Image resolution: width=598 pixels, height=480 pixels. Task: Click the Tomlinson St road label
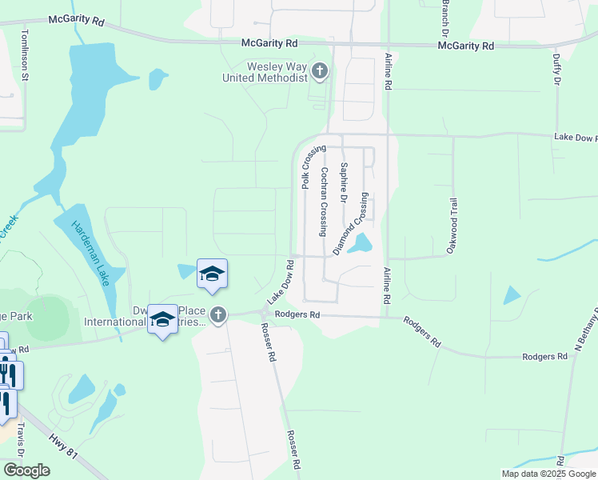click(25, 56)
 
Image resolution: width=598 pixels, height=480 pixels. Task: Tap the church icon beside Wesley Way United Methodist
click(320, 72)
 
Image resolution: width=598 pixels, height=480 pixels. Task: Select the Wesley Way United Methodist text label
click(267, 72)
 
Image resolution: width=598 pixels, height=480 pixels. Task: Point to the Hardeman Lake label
click(90, 254)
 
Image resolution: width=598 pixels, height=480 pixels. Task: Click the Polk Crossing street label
click(314, 167)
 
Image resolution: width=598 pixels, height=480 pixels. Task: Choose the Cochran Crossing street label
click(324, 202)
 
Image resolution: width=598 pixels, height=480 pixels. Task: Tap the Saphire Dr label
click(344, 182)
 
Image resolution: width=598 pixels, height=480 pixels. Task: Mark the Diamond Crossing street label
click(351, 224)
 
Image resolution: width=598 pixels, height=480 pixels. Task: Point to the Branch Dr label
click(445, 16)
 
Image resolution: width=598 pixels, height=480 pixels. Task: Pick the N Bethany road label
click(586, 328)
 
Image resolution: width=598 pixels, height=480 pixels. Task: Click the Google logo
click(26, 470)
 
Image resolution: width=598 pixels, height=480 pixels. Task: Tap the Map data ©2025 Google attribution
click(548, 474)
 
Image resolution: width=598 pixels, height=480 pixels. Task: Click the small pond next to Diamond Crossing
click(363, 242)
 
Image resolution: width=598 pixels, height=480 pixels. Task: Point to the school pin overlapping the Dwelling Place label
click(162, 320)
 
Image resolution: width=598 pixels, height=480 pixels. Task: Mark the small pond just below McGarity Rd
click(157, 78)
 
